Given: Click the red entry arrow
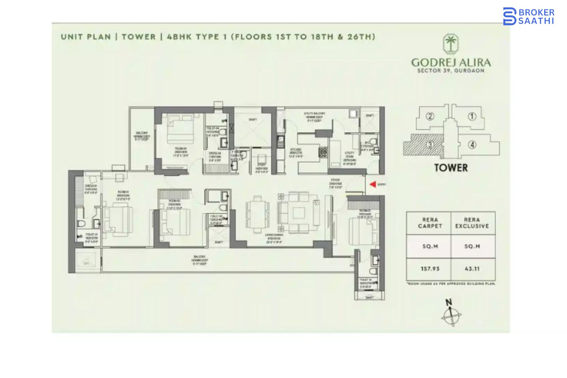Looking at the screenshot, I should point(373,184).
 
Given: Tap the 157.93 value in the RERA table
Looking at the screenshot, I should point(430,269).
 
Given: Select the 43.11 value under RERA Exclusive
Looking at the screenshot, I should point(472,269).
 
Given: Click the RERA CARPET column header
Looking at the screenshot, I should point(430,223).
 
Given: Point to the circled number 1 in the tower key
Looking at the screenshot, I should point(472,117).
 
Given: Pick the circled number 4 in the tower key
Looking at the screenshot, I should point(472,145).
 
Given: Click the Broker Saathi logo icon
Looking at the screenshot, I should point(509,16).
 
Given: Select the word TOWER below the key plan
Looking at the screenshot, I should point(451,168).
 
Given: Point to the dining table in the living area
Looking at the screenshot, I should point(258,214).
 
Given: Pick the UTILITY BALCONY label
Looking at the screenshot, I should point(315,113).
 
